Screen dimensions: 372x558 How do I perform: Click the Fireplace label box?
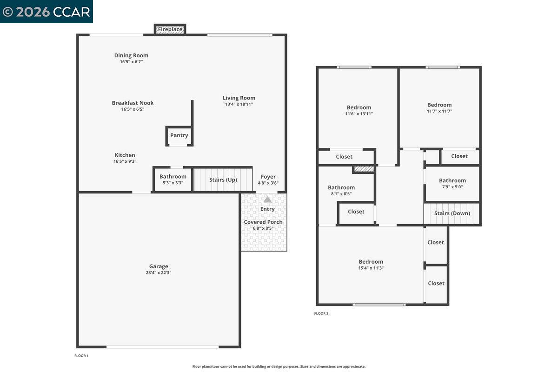coord(170,29)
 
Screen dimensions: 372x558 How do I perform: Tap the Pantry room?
coord(179,135)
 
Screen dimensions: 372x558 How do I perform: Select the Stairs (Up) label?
coord(223,179)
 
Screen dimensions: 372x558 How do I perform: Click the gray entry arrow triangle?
coord(267,199)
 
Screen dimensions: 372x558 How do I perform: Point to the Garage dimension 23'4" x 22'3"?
coord(159,273)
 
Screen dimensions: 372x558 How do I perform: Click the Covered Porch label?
coord(263,222)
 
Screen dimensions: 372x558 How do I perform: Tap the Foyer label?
coord(268,177)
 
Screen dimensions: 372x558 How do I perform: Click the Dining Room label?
coord(131,55)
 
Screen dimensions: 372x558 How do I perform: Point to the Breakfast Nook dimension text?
coord(133,109)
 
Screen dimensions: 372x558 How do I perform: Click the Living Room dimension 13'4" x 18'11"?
coord(239,104)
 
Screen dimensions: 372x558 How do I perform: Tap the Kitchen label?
coord(125,155)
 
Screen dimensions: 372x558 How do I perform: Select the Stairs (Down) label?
coord(452,213)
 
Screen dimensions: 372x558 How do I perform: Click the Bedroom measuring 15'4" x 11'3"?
coord(371,265)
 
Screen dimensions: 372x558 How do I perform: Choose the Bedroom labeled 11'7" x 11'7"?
coord(439,108)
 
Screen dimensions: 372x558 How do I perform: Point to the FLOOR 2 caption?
coord(321,313)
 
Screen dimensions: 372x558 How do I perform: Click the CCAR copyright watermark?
coord(46,12)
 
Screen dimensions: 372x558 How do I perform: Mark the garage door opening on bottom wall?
coord(162,347)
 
